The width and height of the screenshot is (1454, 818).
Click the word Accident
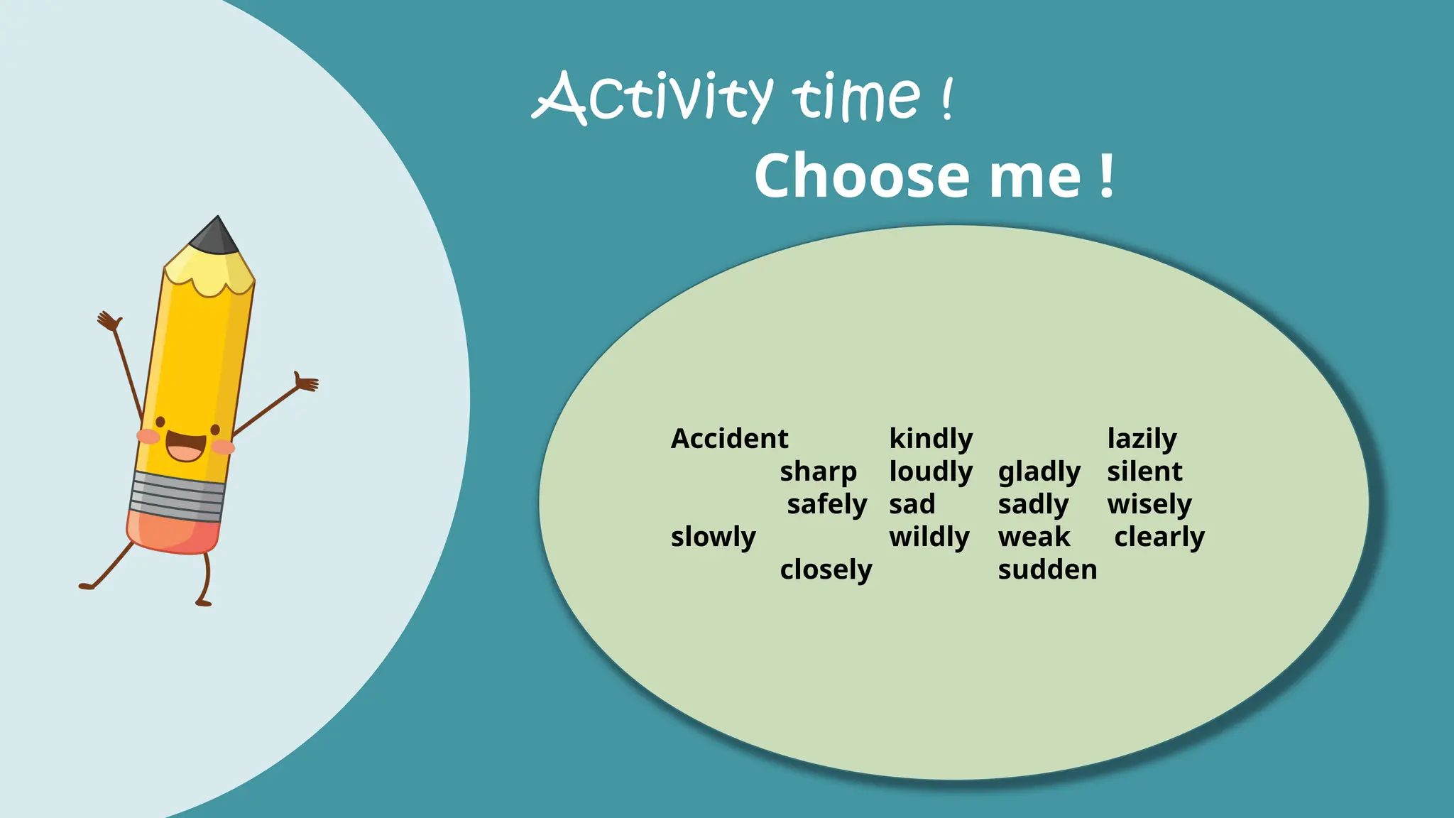729,439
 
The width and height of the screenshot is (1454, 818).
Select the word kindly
931,439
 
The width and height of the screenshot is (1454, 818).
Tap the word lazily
1142,439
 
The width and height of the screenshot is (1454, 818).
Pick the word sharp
818,472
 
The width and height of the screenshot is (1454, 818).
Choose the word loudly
931,472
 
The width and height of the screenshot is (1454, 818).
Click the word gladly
1039,472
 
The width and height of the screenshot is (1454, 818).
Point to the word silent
1144,471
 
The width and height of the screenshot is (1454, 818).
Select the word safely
827,505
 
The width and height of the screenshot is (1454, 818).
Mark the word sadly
1033,505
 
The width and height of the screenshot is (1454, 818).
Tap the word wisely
1149,505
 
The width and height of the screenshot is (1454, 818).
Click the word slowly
713,538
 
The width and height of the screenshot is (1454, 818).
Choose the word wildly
929,538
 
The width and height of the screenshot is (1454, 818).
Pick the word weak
1034,537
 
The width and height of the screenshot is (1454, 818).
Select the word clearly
1159,538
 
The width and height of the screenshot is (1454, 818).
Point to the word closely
826,570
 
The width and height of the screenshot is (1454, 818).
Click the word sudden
1047,569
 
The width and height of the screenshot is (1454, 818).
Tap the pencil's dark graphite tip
216,236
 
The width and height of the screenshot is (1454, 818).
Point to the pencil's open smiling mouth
186,447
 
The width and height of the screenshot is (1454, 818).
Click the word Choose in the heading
861,175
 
